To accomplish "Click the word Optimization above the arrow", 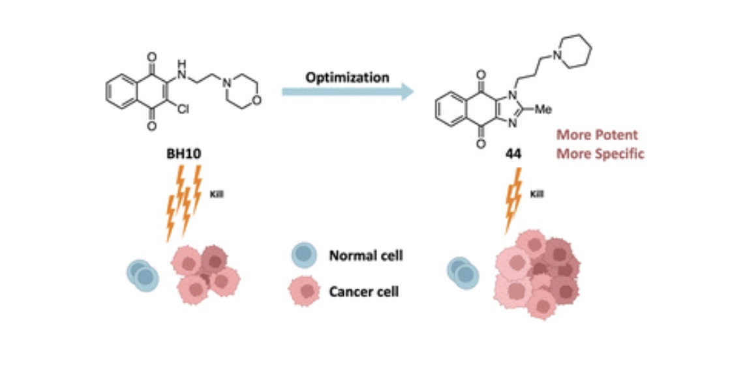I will tap(347, 77).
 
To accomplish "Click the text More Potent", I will tap(596, 135).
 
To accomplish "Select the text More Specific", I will tap(600, 154).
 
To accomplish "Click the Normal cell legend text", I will tap(365, 255).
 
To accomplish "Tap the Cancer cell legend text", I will tap(363, 291).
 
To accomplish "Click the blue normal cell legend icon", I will tap(304, 255).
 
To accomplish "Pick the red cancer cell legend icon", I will tap(305, 291).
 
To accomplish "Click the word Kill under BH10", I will tap(217, 194).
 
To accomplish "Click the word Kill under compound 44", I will tap(537, 194).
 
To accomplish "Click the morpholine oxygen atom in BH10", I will tap(259, 100).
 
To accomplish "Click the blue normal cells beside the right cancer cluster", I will tap(463, 273).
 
